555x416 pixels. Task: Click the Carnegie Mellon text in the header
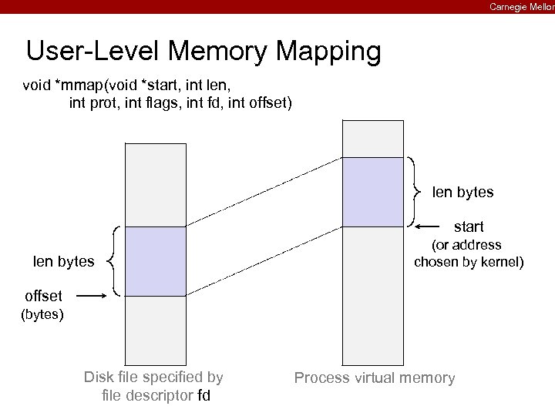coord(522,7)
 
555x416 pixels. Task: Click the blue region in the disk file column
coord(156,261)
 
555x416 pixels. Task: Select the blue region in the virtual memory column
coord(372,192)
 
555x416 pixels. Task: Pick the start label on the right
coord(469,226)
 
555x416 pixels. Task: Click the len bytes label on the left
coord(63,262)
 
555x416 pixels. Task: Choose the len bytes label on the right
coord(462,191)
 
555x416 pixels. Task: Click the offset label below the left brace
coord(49,296)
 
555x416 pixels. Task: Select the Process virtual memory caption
coord(375,378)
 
